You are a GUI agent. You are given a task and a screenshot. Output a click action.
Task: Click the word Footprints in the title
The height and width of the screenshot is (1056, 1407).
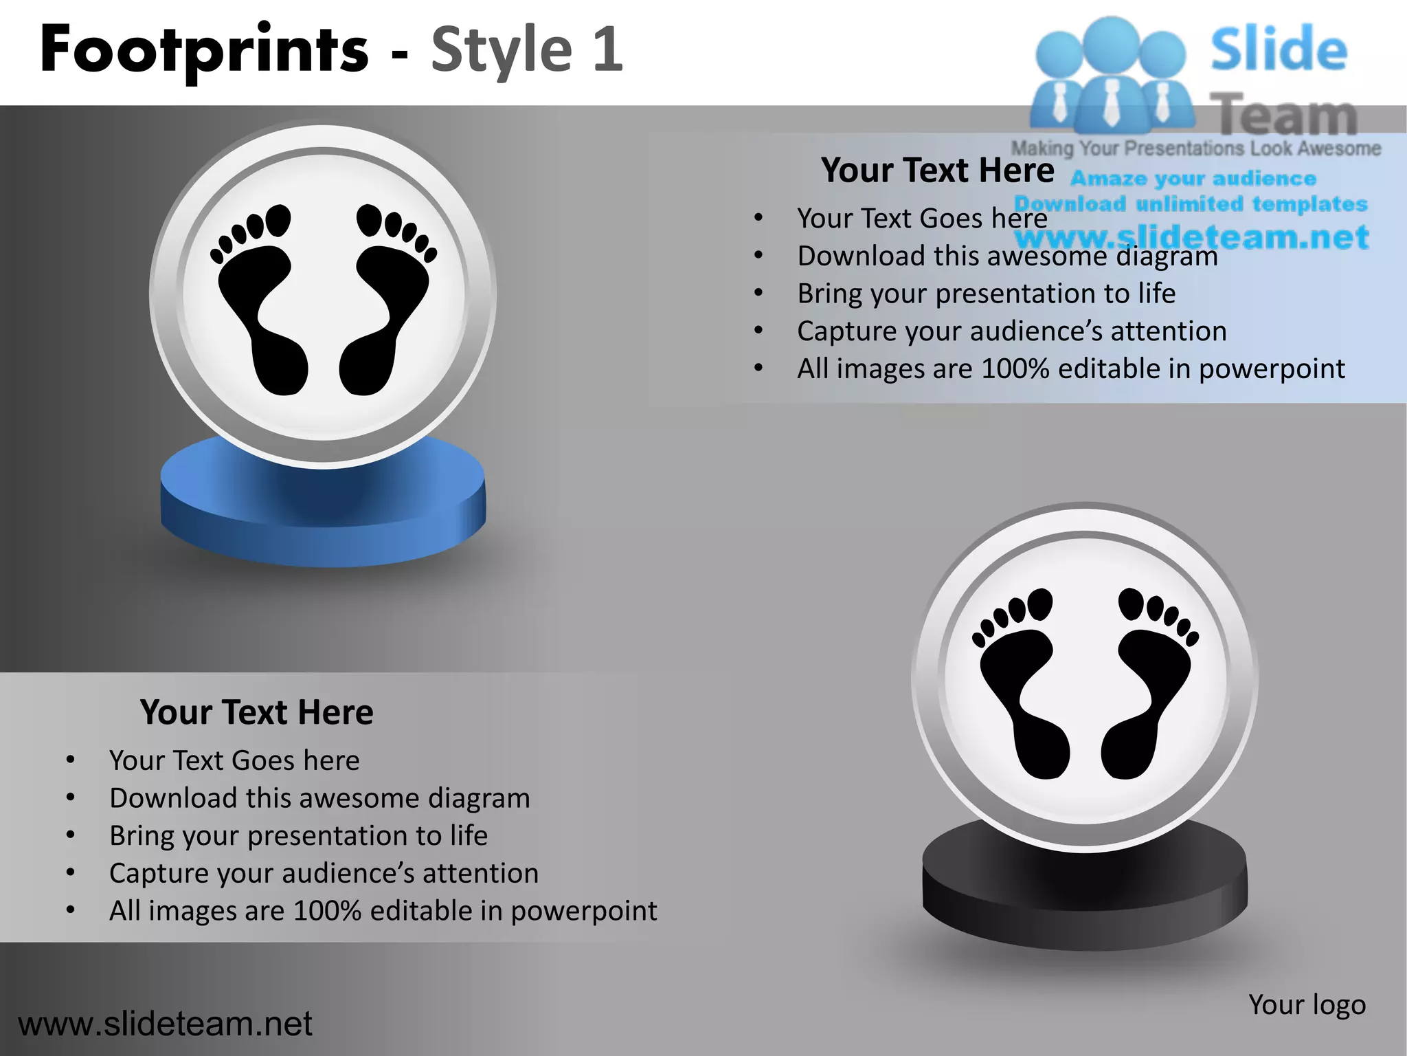(204, 49)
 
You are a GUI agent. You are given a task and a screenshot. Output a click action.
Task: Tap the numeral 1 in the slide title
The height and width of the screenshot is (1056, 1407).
(608, 49)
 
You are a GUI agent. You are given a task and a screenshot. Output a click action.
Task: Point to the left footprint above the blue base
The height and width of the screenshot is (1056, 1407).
(261, 302)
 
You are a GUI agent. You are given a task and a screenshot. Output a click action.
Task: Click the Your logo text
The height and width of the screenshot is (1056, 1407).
(1307, 1004)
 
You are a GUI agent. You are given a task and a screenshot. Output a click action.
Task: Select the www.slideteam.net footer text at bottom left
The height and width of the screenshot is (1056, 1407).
(165, 1024)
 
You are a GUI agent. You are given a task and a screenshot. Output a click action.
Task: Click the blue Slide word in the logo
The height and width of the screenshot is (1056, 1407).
(1279, 49)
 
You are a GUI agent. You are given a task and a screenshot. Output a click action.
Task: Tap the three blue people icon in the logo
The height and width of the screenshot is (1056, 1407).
(1111, 76)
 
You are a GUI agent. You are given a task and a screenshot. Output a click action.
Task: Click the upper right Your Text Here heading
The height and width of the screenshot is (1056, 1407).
(937, 170)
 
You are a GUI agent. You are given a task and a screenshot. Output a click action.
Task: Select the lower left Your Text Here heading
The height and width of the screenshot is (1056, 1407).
(256, 712)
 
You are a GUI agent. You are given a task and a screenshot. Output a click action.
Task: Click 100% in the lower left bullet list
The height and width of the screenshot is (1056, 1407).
(327, 911)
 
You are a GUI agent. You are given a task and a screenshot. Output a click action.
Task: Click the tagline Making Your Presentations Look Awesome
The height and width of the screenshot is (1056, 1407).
(1195, 148)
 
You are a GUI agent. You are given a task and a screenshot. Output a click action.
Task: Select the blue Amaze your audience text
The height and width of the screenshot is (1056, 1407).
(1193, 179)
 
